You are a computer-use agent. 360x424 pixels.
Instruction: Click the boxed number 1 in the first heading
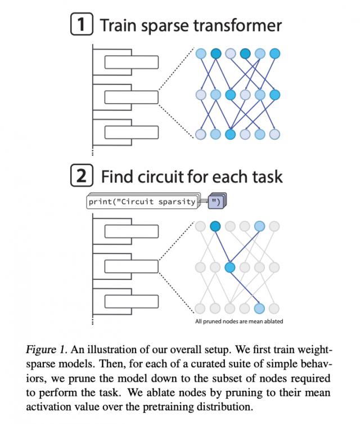tap(82, 25)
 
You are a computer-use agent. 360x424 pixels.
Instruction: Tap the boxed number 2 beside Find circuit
tap(82, 177)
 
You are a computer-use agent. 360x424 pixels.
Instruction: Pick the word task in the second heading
tap(265, 177)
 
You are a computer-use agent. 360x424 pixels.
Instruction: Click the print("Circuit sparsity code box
tap(143, 202)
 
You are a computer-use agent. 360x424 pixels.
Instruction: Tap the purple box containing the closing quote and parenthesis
tap(215, 202)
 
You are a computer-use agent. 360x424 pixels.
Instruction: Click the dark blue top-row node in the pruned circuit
tap(215, 226)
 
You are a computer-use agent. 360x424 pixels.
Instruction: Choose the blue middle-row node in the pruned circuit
tap(229, 267)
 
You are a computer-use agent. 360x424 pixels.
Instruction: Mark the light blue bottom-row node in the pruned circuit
tap(259, 308)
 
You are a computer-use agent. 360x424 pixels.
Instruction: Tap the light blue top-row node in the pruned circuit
tap(259, 226)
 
